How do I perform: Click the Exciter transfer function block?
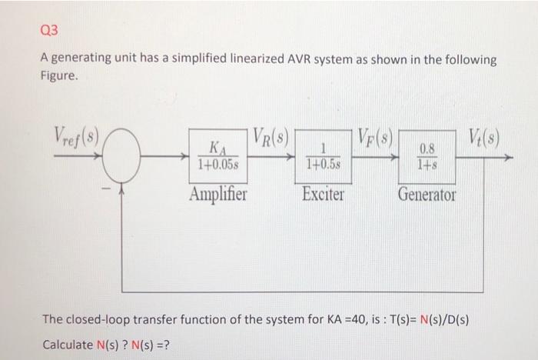(x=324, y=157)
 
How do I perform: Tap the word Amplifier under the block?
(x=218, y=194)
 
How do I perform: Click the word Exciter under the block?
(x=324, y=194)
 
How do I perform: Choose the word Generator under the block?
(x=427, y=194)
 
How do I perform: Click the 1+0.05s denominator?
(x=219, y=165)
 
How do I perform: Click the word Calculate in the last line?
(x=67, y=343)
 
